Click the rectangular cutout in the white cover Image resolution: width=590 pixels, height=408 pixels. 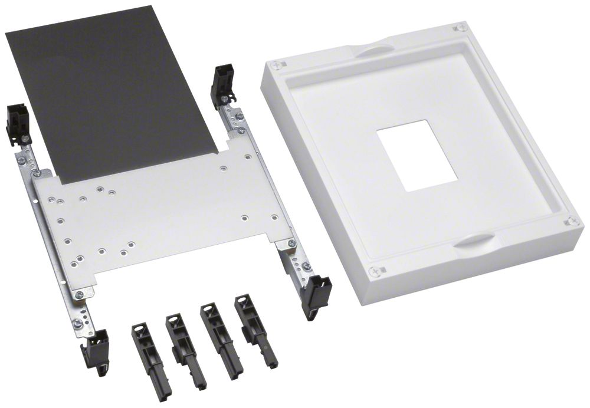417,156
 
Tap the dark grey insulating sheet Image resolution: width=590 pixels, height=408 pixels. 112,88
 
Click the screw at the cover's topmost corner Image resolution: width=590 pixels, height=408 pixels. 461,28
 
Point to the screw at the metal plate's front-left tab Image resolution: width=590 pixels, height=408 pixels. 79,294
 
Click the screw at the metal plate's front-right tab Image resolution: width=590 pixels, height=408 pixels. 291,244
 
